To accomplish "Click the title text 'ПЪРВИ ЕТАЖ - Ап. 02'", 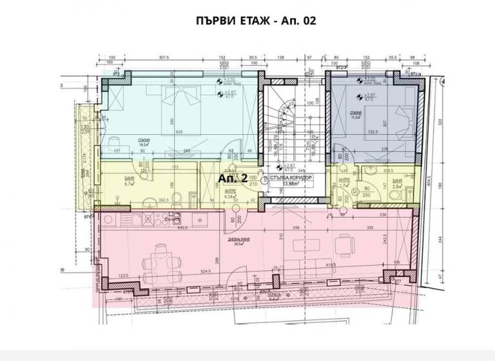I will (256, 20).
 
